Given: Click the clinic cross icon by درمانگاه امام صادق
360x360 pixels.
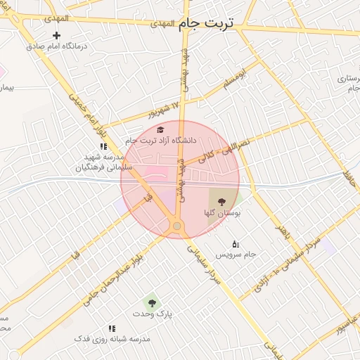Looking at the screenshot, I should [57, 35].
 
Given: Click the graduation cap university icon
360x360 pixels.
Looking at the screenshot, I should [160, 130].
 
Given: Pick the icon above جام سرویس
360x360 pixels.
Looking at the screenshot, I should [235, 243].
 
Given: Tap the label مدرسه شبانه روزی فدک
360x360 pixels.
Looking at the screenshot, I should [112, 339].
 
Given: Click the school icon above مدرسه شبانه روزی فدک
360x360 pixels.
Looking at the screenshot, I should [112, 328].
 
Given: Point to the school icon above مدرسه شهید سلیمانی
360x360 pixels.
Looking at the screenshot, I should [103, 147].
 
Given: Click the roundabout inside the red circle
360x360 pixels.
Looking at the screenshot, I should [176, 226].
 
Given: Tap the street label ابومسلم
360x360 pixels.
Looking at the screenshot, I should [236, 79].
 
